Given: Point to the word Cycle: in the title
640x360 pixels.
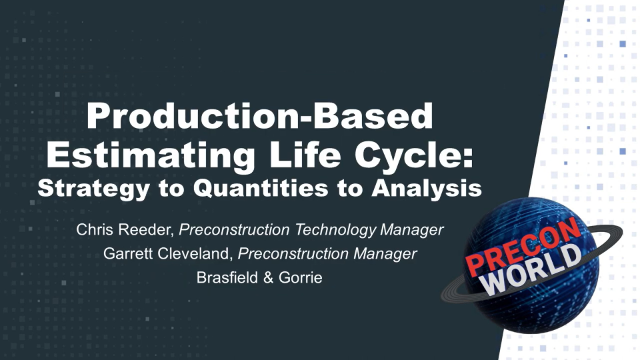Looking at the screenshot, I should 417,154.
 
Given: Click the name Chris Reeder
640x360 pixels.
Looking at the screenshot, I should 125,231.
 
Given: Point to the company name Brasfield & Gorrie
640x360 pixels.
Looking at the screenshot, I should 260,277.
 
